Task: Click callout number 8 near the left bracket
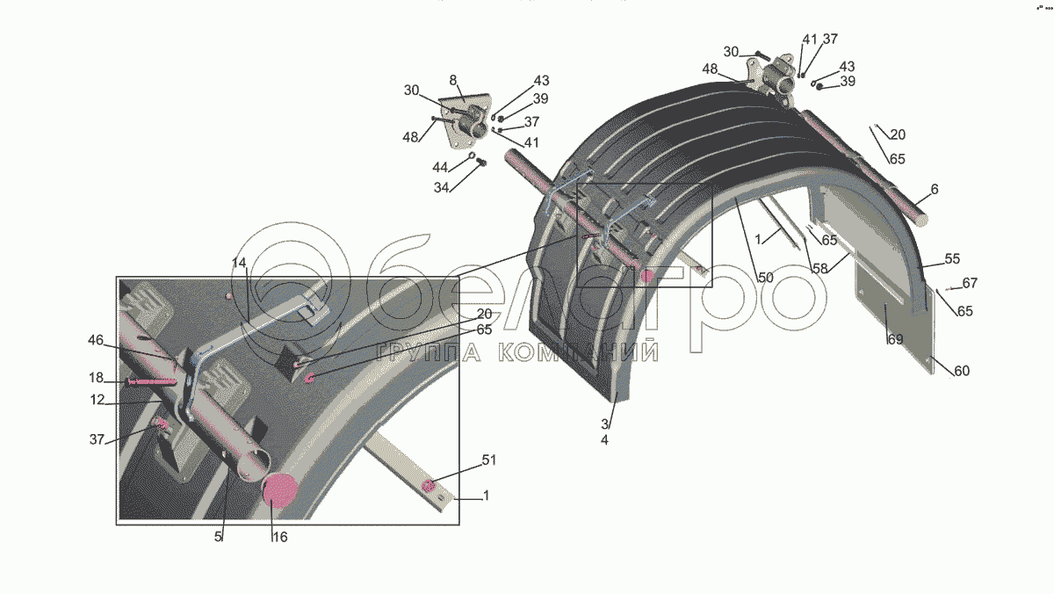454,79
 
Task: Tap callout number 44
440,167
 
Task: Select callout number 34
441,188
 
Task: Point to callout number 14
240,263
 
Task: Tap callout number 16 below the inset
278,537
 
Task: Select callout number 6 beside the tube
935,190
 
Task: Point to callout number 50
765,278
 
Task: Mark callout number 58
819,269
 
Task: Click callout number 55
952,259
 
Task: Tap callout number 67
969,283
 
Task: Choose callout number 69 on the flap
894,339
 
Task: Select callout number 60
961,371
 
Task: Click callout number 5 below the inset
219,537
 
